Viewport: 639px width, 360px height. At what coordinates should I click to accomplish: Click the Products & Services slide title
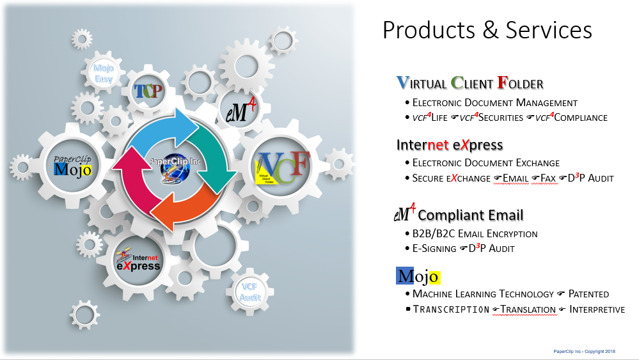pos(487,30)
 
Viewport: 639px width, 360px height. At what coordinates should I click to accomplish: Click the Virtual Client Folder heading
pos(469,82)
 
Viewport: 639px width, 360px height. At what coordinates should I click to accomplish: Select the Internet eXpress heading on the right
pos(450,145)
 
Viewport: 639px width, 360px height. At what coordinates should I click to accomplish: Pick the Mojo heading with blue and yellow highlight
pos(418,276)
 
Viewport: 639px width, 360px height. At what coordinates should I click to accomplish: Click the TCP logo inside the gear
pos(148,91)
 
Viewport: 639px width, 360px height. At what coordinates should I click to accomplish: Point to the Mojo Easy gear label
pos(104,74)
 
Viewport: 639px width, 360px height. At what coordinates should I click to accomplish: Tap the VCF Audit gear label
pos(249,292)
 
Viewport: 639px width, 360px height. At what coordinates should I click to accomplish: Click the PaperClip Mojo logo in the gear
pos(72,166)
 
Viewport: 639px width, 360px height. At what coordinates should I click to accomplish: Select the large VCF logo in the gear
pos(281,167)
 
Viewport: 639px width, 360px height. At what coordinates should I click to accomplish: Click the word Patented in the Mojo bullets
pos(588,294)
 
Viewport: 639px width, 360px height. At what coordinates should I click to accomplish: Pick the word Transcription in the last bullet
pos(451,309)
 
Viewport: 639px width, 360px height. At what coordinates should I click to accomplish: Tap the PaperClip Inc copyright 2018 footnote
pos(585,352)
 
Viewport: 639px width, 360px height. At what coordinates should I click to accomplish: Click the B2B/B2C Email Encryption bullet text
pos(475,234)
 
